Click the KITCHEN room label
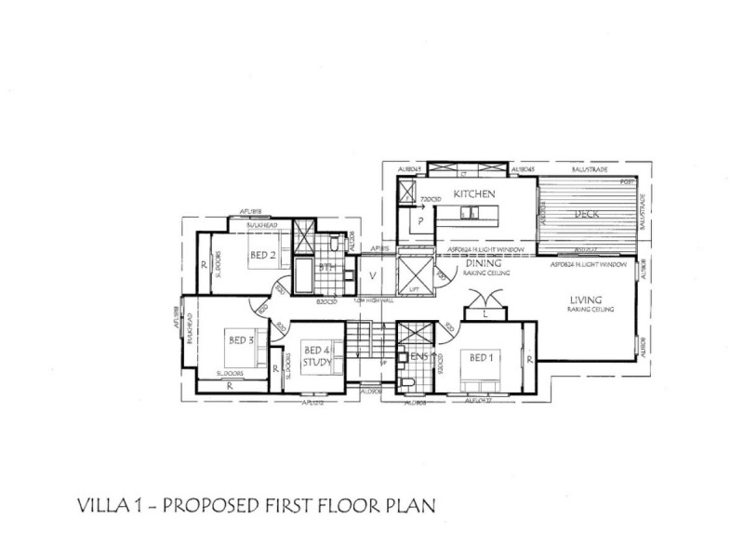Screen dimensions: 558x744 click(x=472, y=194)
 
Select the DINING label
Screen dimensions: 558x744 click(x=484, y=264)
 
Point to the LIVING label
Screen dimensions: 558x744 click(x=588, y=299)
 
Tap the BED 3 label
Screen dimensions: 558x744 click(x=242, y=341)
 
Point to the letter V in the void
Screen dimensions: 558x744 click(x=372, y=275)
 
